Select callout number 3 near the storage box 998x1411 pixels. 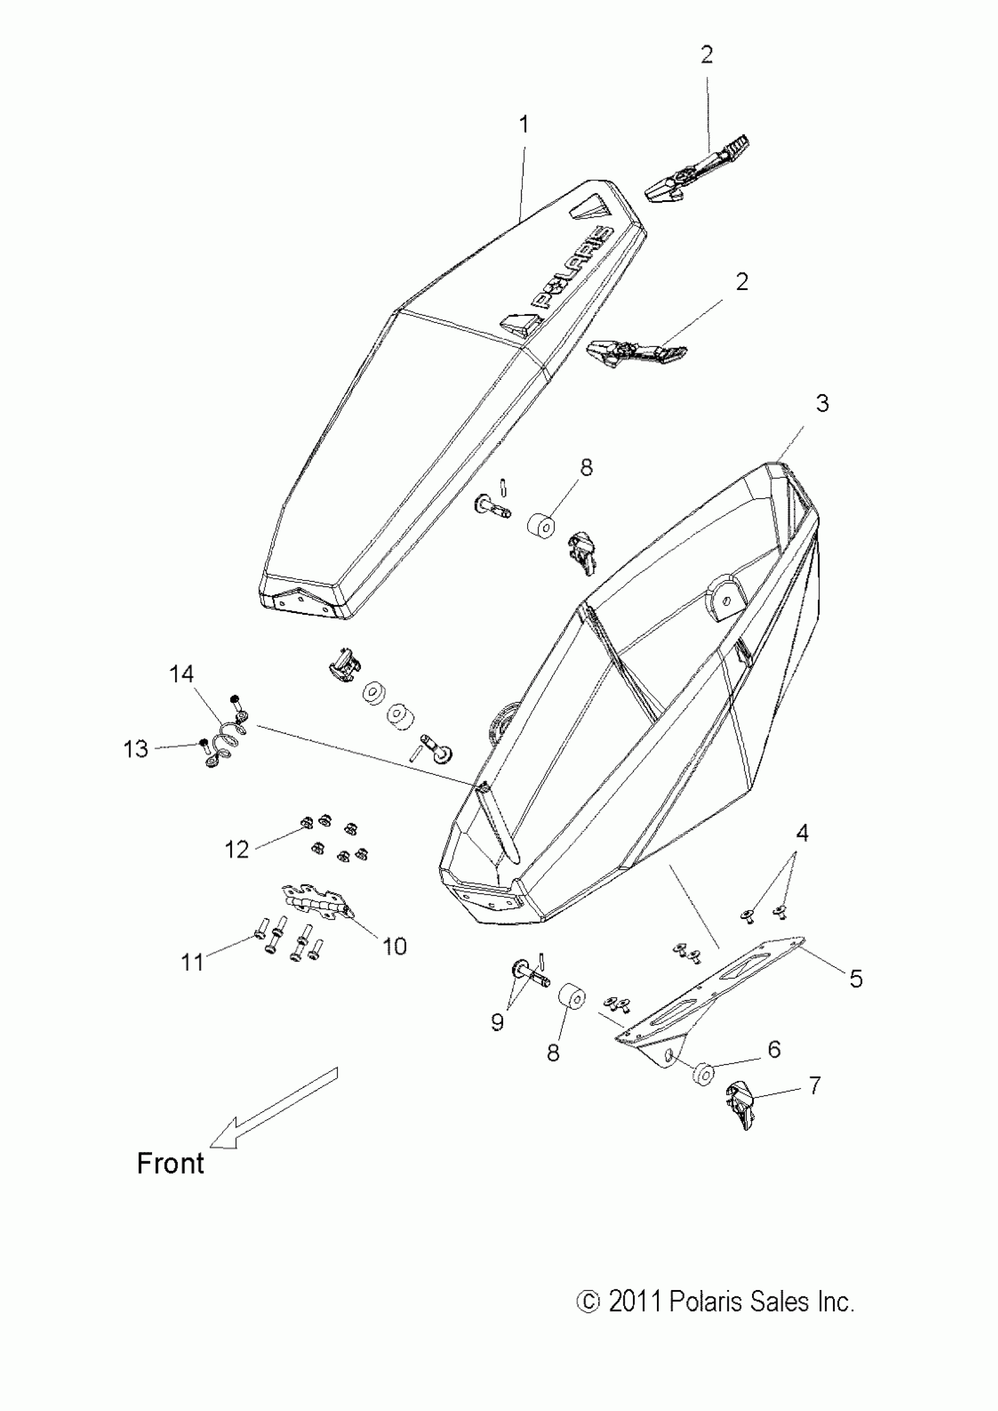point(822,404)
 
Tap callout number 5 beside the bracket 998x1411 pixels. point(856,978)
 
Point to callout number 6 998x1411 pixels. point(774,1049)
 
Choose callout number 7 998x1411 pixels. point(814,1085)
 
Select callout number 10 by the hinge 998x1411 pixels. point(395,947)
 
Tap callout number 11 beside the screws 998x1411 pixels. point(193,962)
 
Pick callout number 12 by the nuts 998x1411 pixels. point(237,850)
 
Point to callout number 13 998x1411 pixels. point(136,749)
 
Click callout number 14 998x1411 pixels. point(181,674)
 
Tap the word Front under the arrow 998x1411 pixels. point(170,1164)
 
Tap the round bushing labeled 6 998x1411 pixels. point(703,1073)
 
